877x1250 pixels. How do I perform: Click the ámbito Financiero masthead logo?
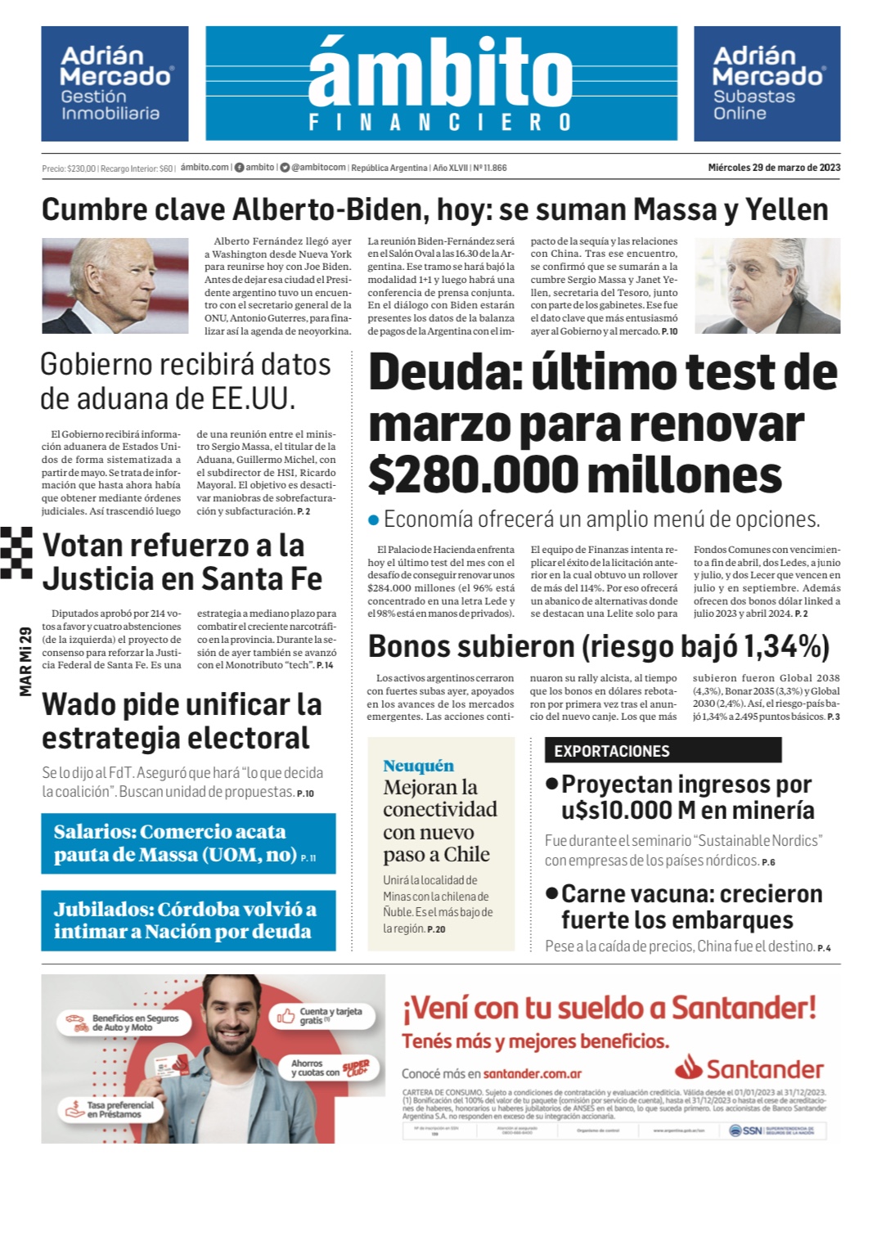[441, 83]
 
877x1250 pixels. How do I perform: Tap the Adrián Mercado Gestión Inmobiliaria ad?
[115, 83]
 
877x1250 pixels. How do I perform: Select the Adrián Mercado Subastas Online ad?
[767, 83]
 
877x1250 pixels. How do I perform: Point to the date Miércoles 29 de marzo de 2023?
[774, 168]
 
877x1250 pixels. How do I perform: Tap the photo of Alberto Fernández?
[767, 286]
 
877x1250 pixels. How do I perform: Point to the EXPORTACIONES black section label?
[663, 750]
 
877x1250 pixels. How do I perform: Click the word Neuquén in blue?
[418, 766]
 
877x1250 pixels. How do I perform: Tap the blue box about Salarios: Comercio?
[188, 843]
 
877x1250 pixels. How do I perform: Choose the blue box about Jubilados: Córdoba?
[188, 920]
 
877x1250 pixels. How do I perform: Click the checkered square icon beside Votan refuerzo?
[16, 552]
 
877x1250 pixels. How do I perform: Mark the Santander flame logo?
[690, 1068]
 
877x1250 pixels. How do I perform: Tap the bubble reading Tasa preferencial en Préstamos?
[110, 1109]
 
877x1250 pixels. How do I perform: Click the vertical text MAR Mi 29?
[25, 661]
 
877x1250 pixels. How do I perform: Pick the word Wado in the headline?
[84, 705]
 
